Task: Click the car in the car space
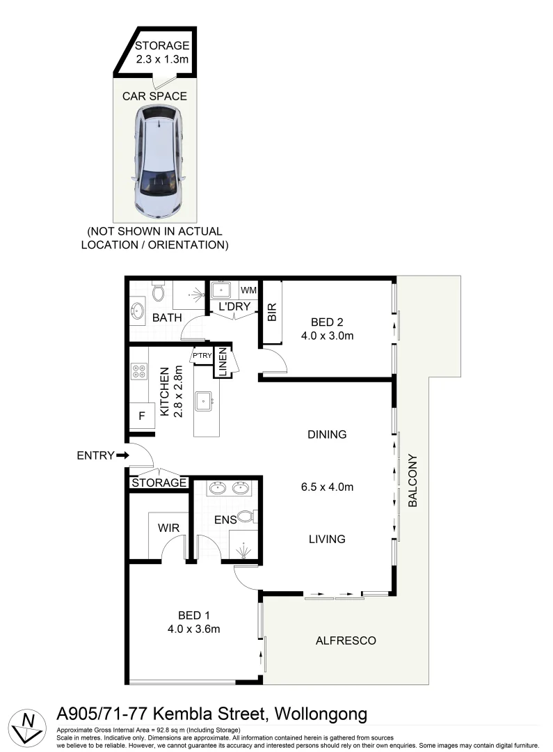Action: (160, 159)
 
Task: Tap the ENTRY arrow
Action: (122, 455)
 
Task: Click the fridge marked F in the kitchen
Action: (142, 416)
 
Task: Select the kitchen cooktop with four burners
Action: (138, 371)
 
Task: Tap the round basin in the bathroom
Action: (136, 311)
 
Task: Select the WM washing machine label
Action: (248, 289)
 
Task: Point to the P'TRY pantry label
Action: (202, 357)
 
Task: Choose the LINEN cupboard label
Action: (223, 363)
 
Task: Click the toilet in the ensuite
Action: (247, 517)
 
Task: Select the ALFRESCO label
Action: (346, 641)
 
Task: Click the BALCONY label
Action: (412, 480)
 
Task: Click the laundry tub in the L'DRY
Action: (223, 289)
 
